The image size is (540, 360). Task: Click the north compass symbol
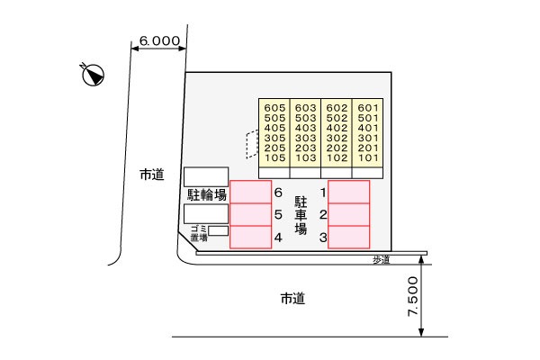[x=93, y=75]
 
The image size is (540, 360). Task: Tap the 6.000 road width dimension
[x=159, y=41]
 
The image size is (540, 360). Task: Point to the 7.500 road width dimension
[x=413, y=296]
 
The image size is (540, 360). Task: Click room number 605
[x=274, y=108]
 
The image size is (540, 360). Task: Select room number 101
[x=368, y=157]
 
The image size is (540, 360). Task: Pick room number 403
[x=305, y=128]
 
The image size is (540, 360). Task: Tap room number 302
[x=337, y=138]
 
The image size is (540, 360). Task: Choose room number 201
[x=368, y=148]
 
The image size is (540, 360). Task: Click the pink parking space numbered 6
[x=251, y=192]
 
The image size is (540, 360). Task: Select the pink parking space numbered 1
[x=349, y=192]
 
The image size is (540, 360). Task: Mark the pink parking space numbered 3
[x=349, y=237]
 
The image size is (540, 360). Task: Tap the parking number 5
[x=278, y=215]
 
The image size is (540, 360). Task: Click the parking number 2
[x=323, y=215]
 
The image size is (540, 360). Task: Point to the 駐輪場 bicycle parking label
[x=207, y=195]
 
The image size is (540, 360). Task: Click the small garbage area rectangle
[x=219, y=230]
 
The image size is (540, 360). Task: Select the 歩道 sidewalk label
[x=382, y=260]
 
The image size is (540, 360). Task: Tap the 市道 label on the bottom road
[x=293, y=298]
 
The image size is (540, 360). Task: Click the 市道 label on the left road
[x=152, y=175]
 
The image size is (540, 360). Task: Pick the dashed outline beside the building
[x=252, y=144]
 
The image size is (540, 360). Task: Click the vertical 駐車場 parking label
[x=301, y=215]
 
